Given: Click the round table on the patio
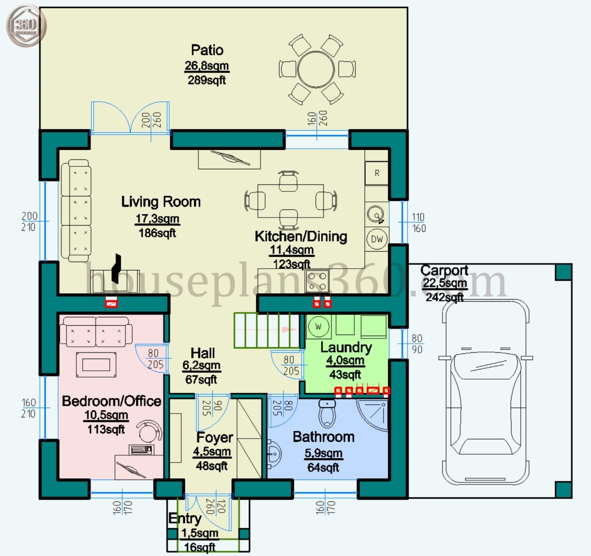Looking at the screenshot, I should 316,70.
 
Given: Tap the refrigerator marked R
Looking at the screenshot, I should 376,173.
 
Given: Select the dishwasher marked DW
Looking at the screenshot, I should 377,239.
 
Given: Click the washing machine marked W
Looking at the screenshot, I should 318,326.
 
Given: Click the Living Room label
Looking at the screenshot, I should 161,202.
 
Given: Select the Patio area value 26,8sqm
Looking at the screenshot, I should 207,66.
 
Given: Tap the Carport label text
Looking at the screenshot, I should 444,270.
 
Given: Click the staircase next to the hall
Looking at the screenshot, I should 267,330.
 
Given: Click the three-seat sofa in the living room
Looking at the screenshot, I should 75,210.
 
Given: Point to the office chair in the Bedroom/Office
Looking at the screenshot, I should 150,431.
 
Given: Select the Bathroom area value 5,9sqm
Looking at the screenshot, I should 324,453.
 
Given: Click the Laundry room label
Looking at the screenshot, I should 346,347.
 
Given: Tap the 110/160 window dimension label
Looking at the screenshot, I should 419,223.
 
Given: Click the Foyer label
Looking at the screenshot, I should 214,437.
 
